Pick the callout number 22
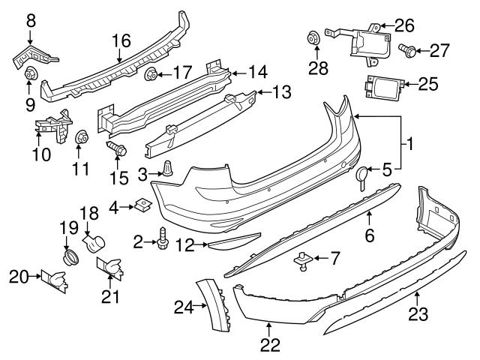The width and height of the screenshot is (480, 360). click(x=270, y=345)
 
